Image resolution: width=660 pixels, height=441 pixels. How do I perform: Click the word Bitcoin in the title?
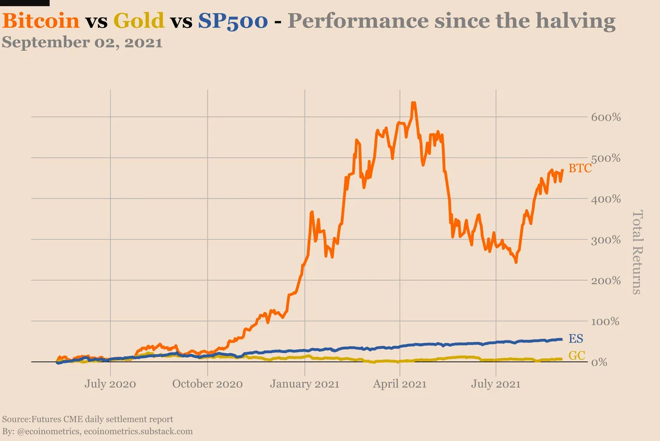(x=41, y=21)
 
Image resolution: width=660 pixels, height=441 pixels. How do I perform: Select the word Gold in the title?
(x=139, y=21)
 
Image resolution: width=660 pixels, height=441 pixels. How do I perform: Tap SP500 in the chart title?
(x=233, y=21)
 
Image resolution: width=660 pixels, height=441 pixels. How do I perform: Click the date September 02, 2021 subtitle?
(x=82, y=42)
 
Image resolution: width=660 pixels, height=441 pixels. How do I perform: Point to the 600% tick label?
(x=606, y=117)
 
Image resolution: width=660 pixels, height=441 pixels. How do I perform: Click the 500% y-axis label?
(x=606, y=158)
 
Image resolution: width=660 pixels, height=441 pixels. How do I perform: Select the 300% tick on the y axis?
(x=606, y=240)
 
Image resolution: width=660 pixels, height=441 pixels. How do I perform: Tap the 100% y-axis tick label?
(x=605, y=321)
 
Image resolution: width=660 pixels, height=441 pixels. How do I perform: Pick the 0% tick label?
(x=599, y=362)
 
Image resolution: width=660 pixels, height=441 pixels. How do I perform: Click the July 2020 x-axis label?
(x=110, y=384)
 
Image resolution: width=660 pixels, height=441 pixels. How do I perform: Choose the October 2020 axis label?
(x=207, y=384)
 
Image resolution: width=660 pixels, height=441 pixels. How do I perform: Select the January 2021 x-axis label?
(x=305, y=384)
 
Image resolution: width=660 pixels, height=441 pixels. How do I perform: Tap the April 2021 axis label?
(x=400, y=384)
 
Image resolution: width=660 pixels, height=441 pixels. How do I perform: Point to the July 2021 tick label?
(x=496, y=384)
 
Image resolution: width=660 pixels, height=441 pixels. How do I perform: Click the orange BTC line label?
(x=580, y=168)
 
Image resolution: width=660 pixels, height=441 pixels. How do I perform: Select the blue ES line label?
(x=576, y=338)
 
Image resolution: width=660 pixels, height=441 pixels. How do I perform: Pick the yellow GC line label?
(x=576, y=355)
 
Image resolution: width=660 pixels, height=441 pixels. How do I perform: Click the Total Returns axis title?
(x=637, y=252)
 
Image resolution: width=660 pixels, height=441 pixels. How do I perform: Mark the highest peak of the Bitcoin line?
(x=414, y=103)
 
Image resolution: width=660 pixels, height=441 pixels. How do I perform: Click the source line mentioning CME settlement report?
(x=88, y=419)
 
